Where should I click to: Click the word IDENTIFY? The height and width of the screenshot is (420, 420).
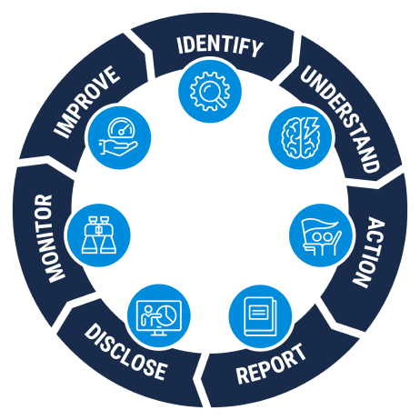point(220,46)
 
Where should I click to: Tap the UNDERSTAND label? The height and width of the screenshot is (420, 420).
point(340,119)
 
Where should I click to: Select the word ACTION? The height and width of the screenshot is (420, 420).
point(368,252)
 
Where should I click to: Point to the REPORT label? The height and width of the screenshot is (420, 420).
point(271,364)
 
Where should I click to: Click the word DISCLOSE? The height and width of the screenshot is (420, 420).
point(125,352)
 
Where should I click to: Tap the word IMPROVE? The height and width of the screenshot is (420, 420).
point(86,102)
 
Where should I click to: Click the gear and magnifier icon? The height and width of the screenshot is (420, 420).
point(210,91)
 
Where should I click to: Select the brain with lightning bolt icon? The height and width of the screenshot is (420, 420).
point(300,137)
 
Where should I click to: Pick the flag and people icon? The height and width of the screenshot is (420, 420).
point(321,236)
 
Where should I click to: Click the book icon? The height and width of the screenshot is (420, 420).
point(260,316)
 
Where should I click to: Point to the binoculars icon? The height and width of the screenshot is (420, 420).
point(99,235)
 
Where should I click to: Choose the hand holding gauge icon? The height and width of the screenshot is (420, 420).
point(119,137)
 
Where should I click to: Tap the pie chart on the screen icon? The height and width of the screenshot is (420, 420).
point(167,315)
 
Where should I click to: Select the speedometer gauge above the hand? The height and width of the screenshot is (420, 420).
point(121,127)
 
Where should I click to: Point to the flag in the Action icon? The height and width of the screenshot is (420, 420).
point(319,225)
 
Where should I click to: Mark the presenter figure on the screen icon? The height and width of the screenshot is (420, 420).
point(149,316)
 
